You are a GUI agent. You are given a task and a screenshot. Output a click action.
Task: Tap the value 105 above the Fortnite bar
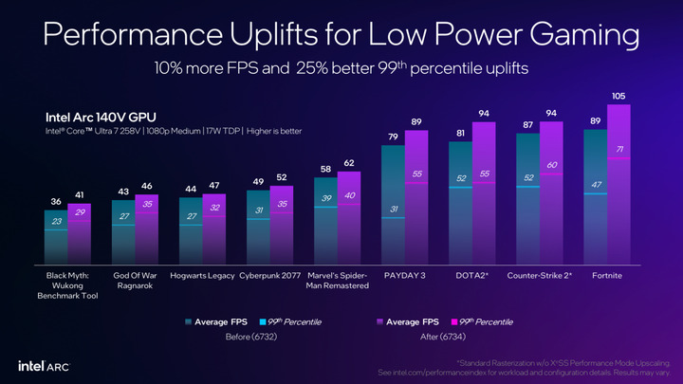[x=618, y=97]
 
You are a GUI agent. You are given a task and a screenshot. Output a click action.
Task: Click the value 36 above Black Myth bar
[x=56, y=202]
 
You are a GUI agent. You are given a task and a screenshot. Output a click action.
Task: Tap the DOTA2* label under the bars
[x=472, y=276]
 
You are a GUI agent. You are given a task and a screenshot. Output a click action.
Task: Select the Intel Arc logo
[x=42, y=365]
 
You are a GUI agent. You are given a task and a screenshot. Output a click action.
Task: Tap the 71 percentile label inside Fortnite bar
[x=618, y=150]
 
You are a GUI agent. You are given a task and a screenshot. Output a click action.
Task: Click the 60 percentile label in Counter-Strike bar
[x=551, y=166]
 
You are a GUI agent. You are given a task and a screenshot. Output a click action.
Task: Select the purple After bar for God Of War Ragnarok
[x=147, y=232]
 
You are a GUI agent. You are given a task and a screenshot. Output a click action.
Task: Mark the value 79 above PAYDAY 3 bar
[x=394, y=137]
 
